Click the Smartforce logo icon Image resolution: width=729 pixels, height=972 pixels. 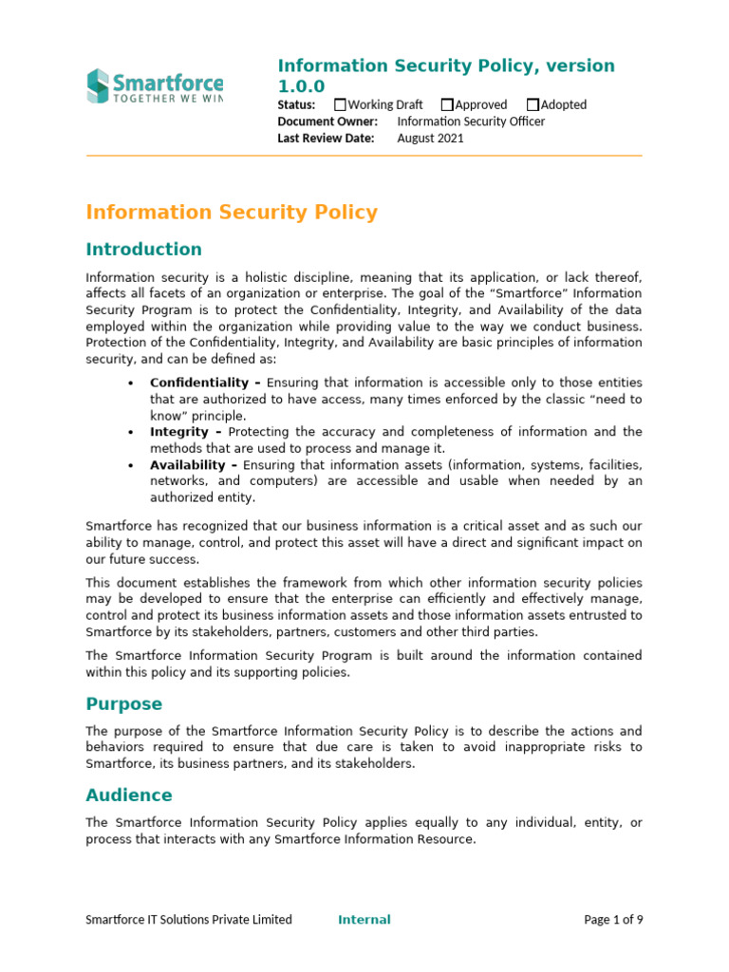pyautogui.click(x=98, y=85)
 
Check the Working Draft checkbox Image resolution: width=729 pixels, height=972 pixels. pyautogui.click(x=341, y=104)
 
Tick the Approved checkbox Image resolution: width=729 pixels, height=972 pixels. pyautogui.click(x=447, y=104)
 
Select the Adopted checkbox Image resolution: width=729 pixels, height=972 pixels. pyautogui.click(x=533, y=104)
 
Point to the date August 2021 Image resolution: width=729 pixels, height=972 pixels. pyautogui.click(x=430, y=138)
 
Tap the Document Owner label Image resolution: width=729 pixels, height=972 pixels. pyautogui.click(x=327, y=121)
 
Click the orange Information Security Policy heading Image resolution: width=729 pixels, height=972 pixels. pyautogui.click(x=232, y=213)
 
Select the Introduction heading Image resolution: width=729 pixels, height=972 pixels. pyautogui.click(x=143, y=250)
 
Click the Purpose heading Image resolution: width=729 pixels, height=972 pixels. pyautogui.click(x=123, y=704)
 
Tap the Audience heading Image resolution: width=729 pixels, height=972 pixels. pyautogui.click(x=129, y=795)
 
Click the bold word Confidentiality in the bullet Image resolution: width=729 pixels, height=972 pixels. pyautogui.click(x=199, y=383)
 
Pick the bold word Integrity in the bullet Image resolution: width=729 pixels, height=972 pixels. pyautogui.click(x=178, y=432)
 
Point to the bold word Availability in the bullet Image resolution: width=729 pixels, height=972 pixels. pyautogui.click(x=188, y=465)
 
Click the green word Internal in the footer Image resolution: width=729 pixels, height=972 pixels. pyautogui.click(x=364, y=919)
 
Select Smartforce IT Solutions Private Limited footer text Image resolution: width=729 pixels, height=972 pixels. pyautogui.click(x=189, y=919)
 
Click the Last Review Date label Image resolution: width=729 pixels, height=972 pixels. pyautogui.click(x=326, y=138)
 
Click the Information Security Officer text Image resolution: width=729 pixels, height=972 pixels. pyautogui.click(x=471, y=121)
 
